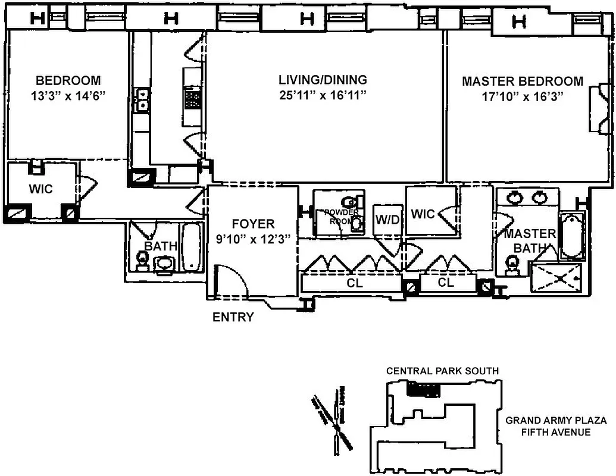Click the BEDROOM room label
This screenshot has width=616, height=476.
[x=68, y=80]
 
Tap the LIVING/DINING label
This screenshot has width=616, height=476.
[x=323, y=80]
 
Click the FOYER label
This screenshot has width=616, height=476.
[x=253, y=224]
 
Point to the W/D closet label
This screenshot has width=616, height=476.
[x=387, y=219]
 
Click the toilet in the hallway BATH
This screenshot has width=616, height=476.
[x=142, y=260]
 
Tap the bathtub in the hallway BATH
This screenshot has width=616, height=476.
[x=192, y=247]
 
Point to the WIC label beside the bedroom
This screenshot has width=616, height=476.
[x=41, y=189]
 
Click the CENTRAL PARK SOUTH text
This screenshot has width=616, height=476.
[x=442, y=371]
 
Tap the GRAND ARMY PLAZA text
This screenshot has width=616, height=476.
[x=548, y=421]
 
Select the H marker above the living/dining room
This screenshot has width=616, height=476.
[x=307, y=20]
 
